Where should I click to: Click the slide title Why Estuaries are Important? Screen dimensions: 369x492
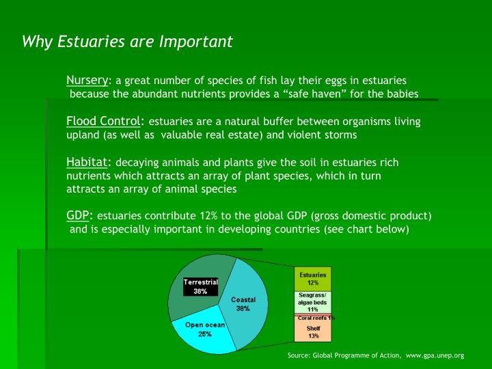pyautogui.click(x=128, y=42)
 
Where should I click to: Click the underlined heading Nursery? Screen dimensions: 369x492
pyautogui.click(x=87, y=79)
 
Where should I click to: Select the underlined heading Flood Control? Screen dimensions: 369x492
pyautogui.click(x=103, y=121)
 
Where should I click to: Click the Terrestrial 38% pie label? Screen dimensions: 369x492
pyautogui.click(x=200, y=286)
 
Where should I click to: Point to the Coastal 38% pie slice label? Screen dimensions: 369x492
pyautogui.click(x=243, y=304)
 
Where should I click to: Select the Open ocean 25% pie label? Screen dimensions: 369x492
pyautogui.click(x=205, y=329)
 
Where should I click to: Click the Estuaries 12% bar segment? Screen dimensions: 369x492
pyautogui.click(x=313, y=278)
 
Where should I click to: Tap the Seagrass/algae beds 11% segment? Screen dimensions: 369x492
pyautogui.click(x=313, y=302)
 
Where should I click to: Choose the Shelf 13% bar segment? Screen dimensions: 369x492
pyautogui.click(x=313, y=331)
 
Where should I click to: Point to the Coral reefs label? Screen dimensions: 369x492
pyautogui.click(x=314, y=317)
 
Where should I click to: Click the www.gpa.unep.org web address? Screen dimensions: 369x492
pyautogui.click(x=435, y=356)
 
